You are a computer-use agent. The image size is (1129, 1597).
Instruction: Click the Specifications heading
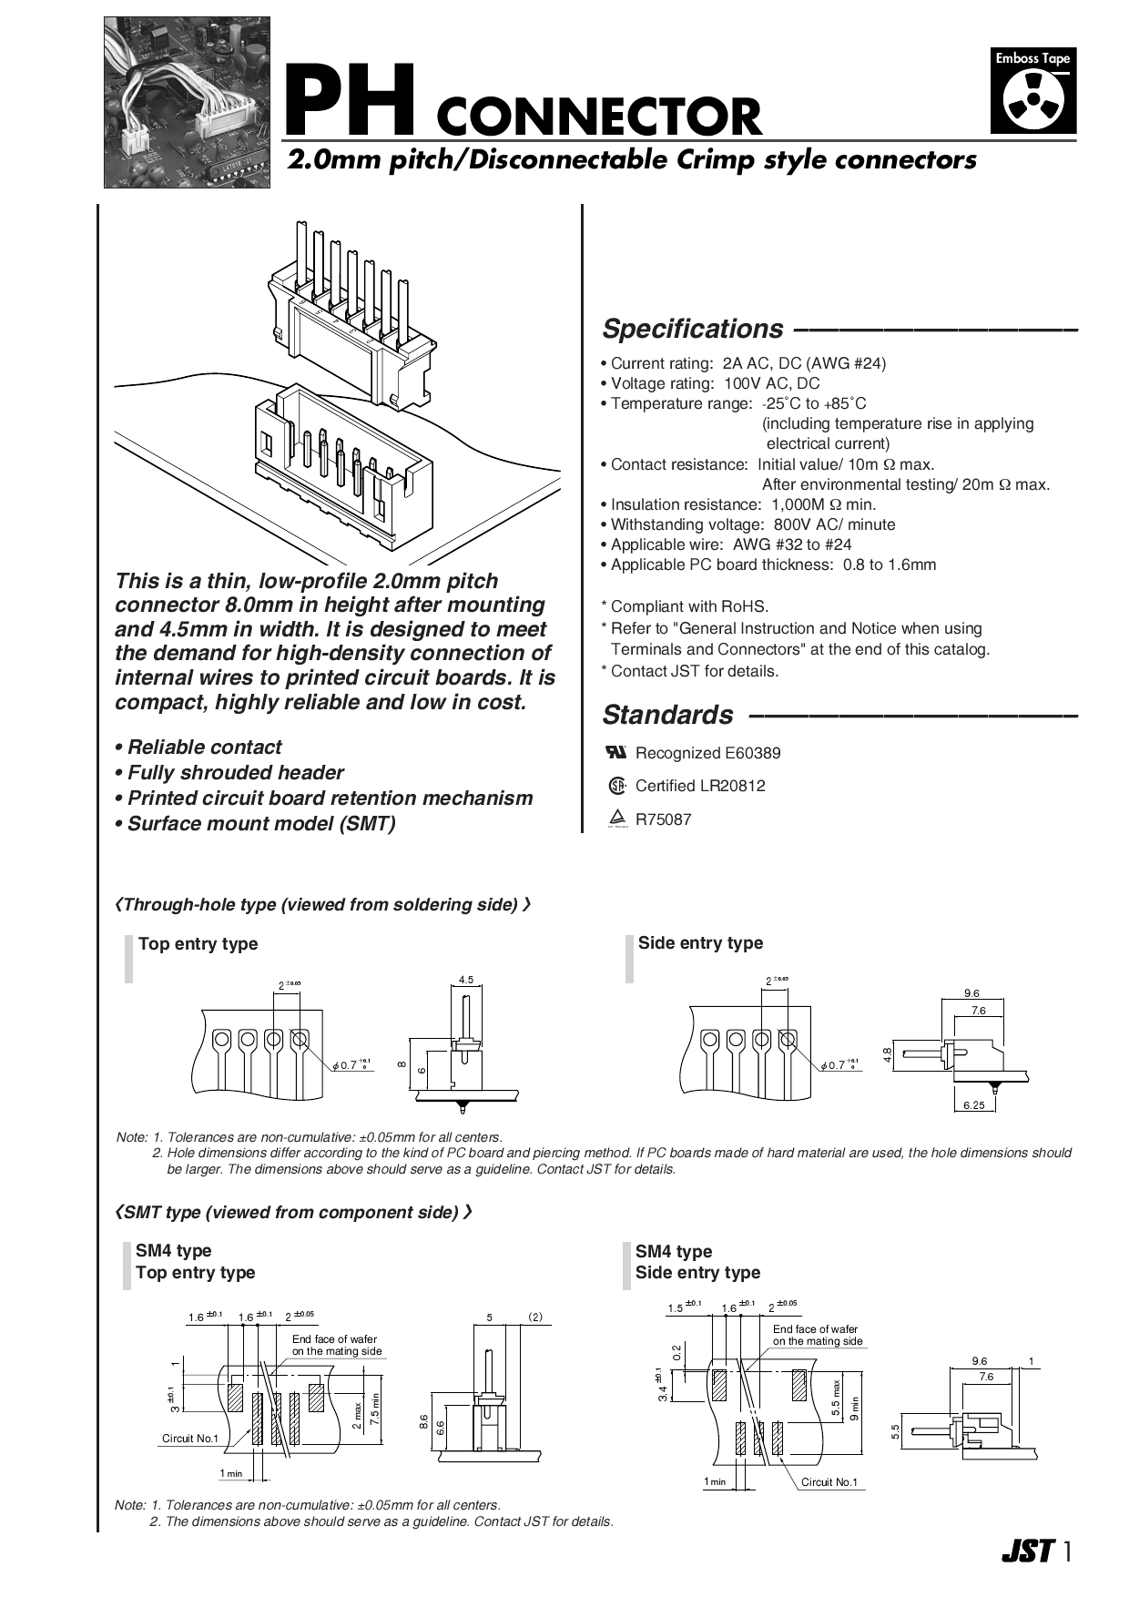pos(692,329)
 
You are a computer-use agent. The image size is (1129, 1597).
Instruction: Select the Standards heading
pos(667,715)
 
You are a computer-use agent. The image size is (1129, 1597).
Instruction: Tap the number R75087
pos(663,819)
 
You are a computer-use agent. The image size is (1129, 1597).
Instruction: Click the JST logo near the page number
pos(1027,1551)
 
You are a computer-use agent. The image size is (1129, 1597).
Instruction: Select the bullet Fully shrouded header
pos(235,773)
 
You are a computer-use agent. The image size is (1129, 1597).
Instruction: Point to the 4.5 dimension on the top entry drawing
pos(466,980)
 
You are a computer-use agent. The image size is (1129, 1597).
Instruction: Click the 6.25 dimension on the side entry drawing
pos(974,1104)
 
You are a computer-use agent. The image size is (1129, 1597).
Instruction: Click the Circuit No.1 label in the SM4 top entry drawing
pos(190,1438)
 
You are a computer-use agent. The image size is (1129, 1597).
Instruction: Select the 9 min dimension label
pos(854,1409)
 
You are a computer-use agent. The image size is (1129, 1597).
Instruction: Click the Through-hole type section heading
pos(323,904)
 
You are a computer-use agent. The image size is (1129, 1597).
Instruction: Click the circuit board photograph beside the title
pos(187,103)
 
